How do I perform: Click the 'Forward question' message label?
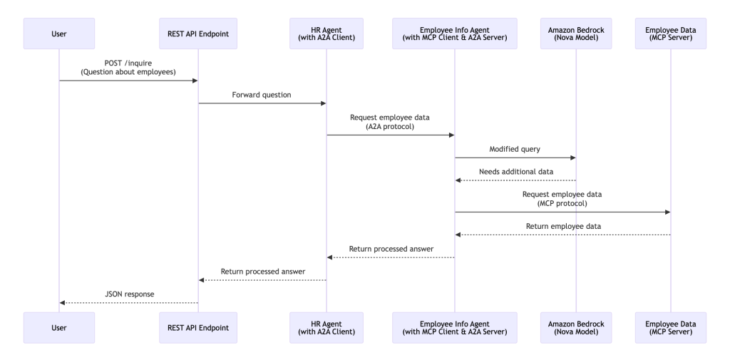click(262, 95)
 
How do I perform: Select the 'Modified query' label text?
click(515, 150)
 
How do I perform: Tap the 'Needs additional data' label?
click(515, 172)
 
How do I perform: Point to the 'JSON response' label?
click(128, 294)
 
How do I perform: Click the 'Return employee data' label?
click(562, 226)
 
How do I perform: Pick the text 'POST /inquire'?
click(128, 63)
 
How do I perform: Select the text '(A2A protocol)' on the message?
click(391, 127)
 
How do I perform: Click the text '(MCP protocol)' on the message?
click(562, 204)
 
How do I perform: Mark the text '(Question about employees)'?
click(128, 72)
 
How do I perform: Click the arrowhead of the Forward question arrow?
click(323, 103)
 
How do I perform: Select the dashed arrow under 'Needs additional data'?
click(515, 180)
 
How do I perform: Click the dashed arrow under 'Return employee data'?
click(562, 235)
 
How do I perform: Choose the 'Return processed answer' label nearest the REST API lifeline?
click(262, 272)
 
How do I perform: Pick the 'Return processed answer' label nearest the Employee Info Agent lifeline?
click(391, 249)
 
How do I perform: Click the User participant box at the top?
click(59, 34)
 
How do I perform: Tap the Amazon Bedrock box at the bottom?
click(576, 328)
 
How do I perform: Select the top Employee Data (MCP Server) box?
click(670, 34)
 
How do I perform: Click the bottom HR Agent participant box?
click(327, 328)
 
